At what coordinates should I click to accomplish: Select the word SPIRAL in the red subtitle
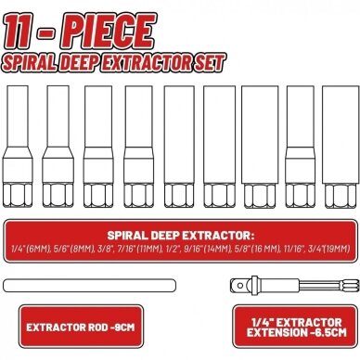pyautogui.click(x=30, y=63)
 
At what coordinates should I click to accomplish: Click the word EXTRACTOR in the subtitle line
pyautogui.click(x=148, y=63)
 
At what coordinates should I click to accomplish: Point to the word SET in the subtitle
pyautogui.click(x=211, y=62)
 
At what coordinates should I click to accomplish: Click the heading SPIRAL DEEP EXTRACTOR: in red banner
pyautogui.click(x=180, y=236)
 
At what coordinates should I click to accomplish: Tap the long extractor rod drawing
pyautogui.click(x=89, y=286)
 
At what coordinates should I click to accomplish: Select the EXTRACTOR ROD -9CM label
pyautogui.click(x=81, y=328)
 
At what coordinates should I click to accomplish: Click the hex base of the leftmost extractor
pyautogui.click(x=18, y=195)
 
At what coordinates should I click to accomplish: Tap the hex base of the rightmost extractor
pyautogui.click(x=341, y=196)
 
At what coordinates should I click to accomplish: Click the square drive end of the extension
pyautogui.click(x=237, y=285)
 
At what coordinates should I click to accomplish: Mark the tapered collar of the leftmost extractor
pyautogui.click(x=18, y=152)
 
